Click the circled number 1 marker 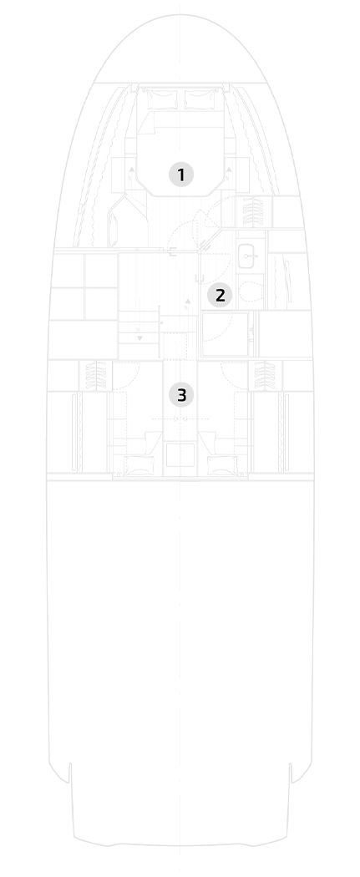180,175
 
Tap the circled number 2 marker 220,295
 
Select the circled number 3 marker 181,395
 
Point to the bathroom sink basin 247,255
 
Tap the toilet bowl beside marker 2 249,291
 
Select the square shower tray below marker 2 226,334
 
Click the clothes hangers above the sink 251,212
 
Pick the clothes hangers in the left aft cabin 97,375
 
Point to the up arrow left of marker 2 187,305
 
